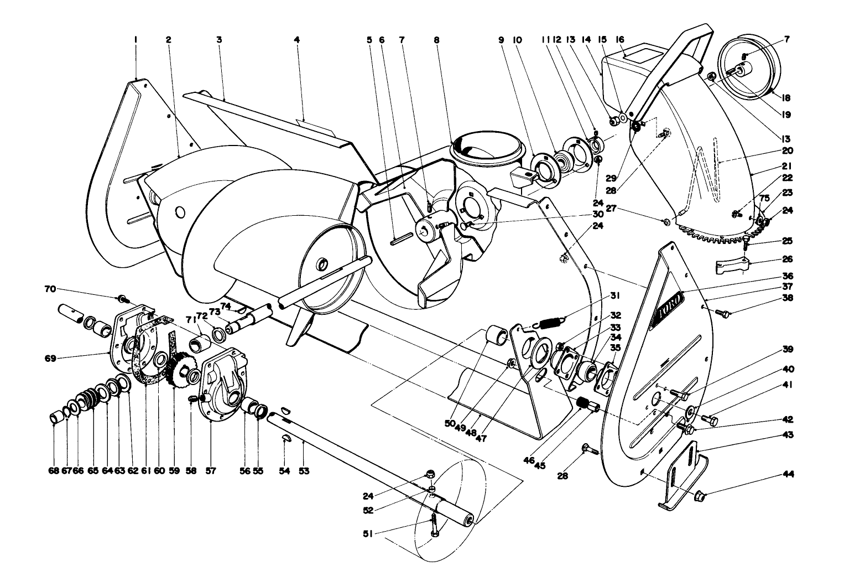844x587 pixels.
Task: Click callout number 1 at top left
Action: tap(135, 40)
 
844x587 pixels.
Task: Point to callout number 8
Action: tap(437, 40)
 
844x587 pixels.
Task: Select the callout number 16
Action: tap(620, 40)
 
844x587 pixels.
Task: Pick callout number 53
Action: tap(304, 471)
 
